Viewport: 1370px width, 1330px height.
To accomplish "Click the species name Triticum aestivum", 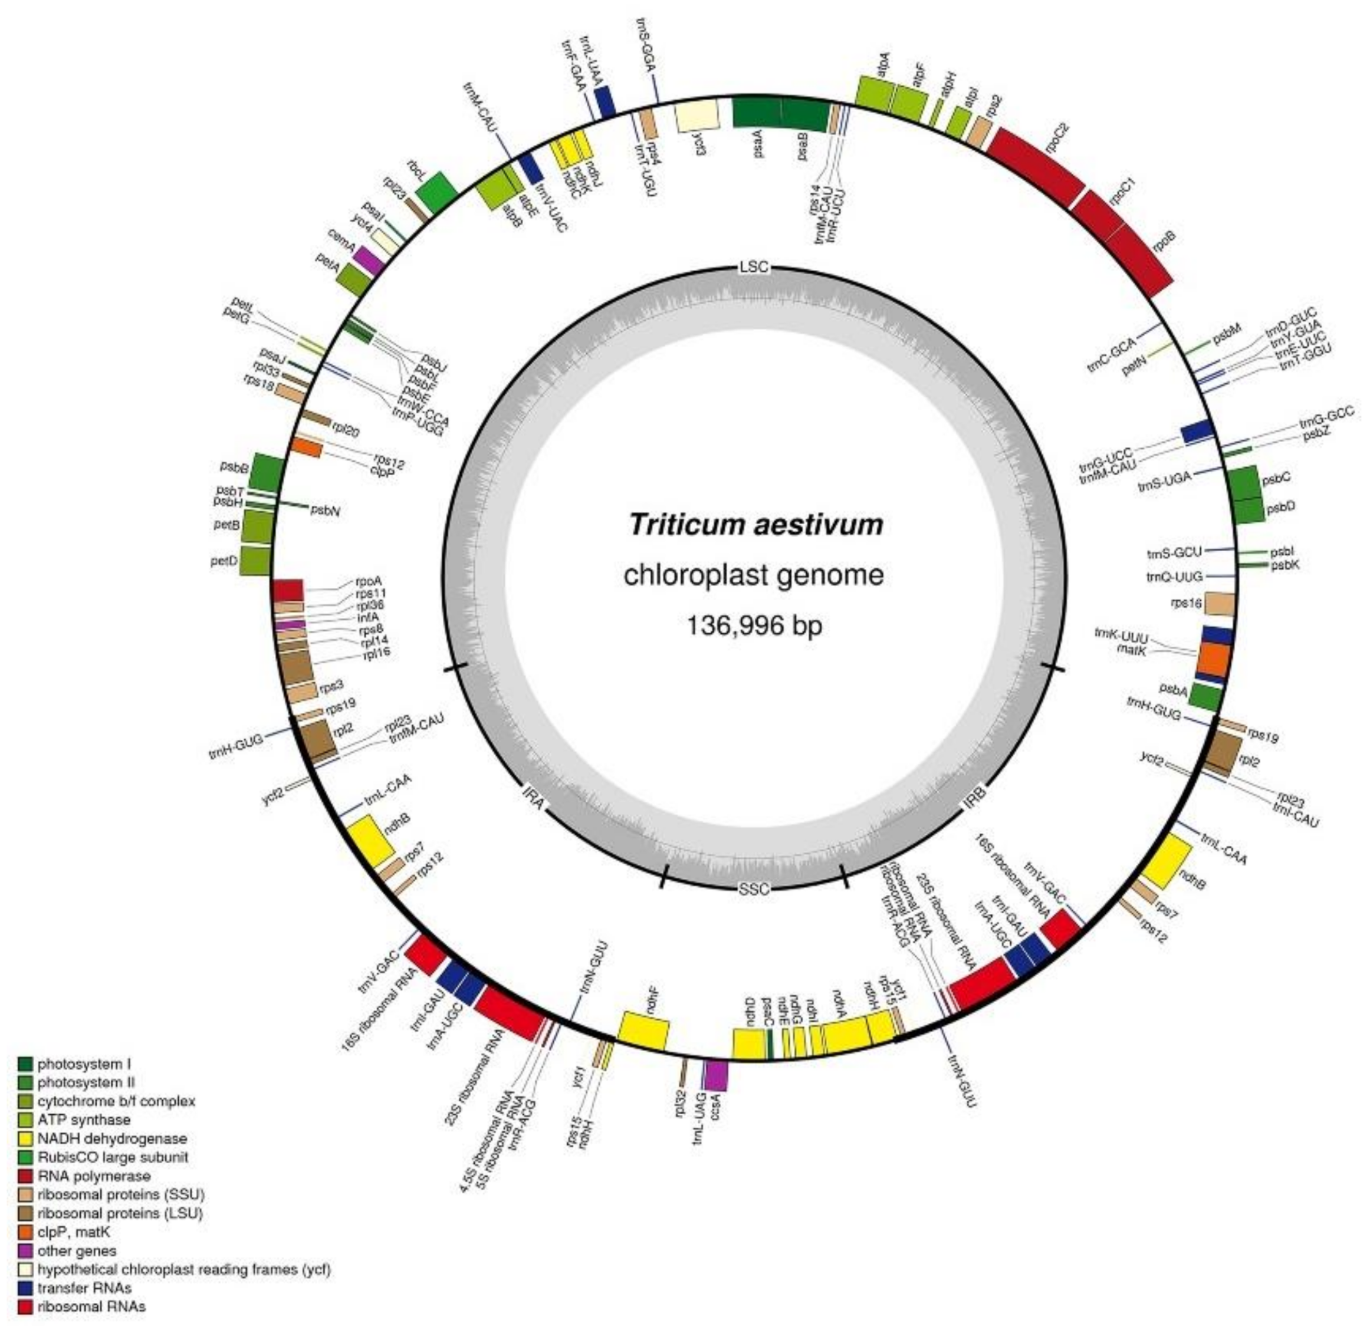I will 755,524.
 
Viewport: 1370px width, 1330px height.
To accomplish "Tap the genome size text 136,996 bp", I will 755,624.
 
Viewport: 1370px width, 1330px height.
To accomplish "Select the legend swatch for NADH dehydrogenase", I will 26,1138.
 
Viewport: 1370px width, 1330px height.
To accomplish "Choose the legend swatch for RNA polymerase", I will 26,1176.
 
